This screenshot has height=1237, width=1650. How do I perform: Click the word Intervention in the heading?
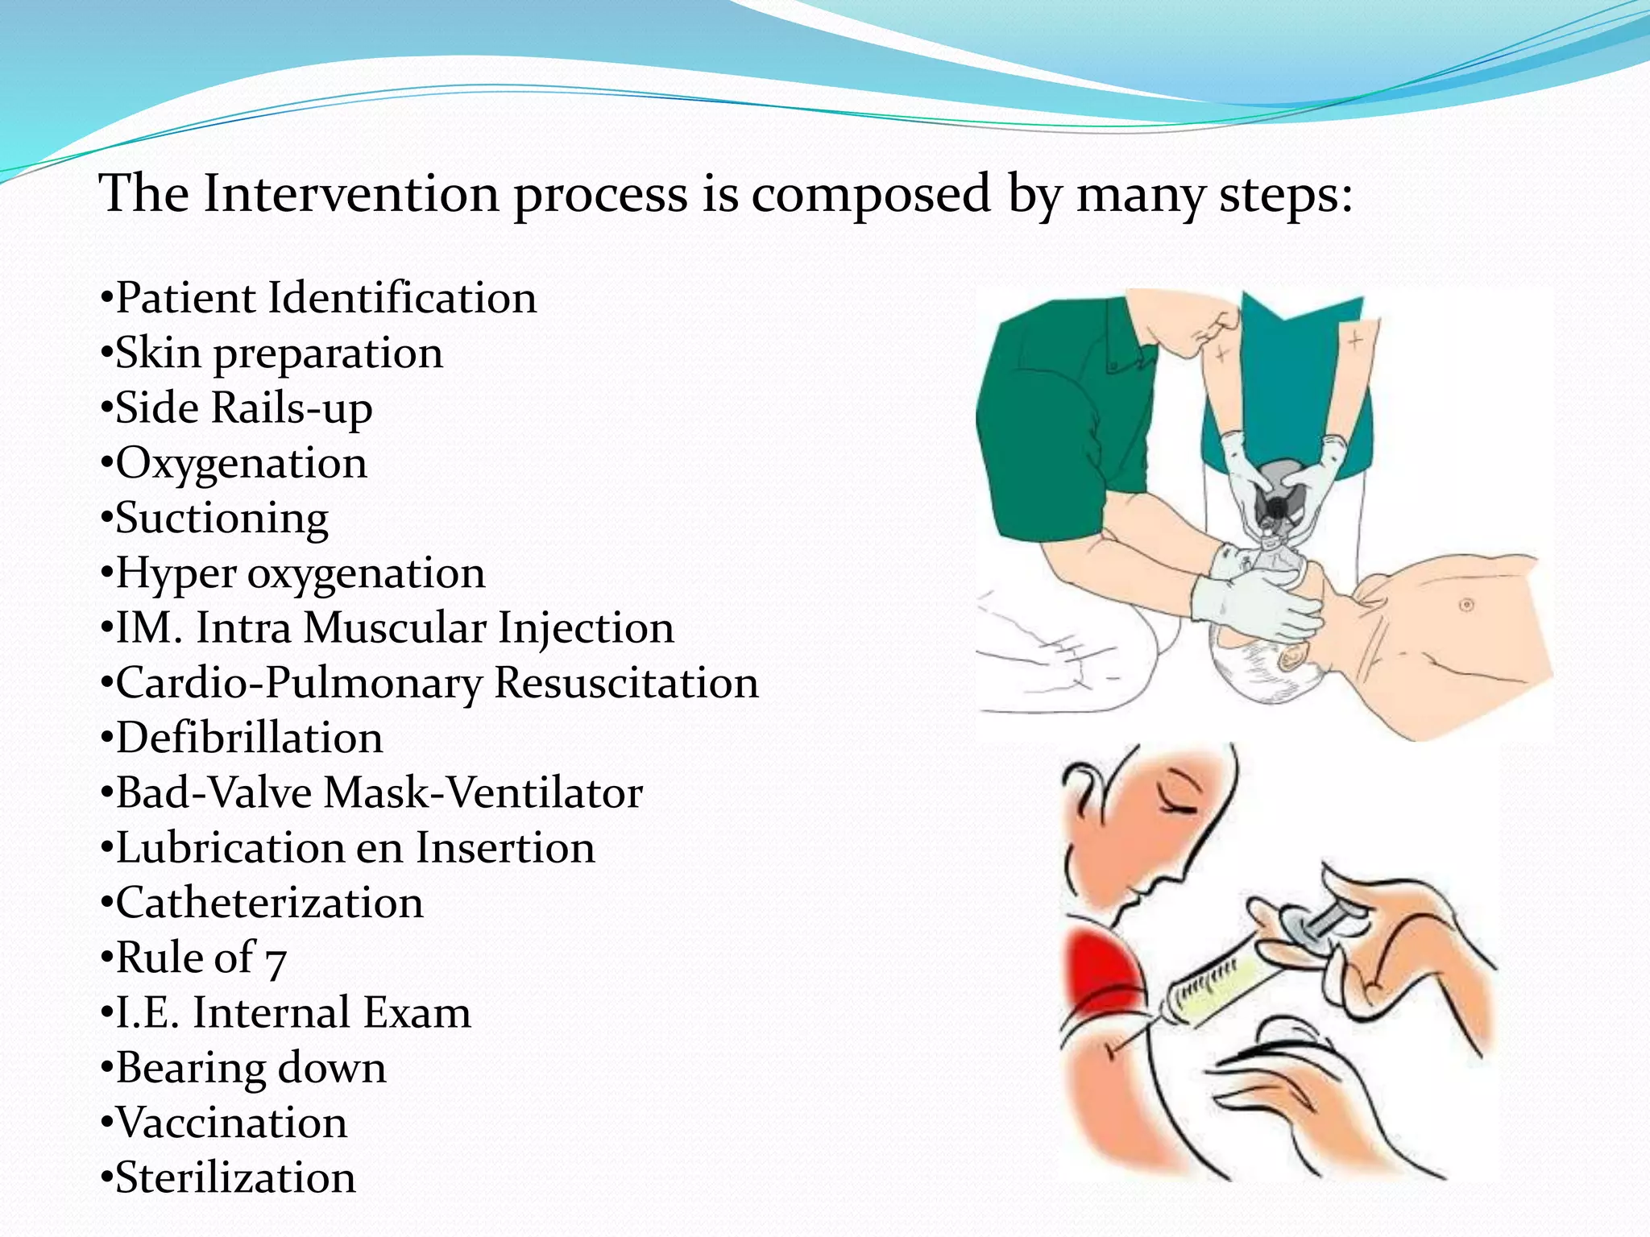pyautogui.click(x=350, y=194)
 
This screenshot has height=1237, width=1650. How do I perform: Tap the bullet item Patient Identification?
pyautogui.click(x=325, y=298)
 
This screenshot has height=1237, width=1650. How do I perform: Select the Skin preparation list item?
pyautogui.click(x=279, y=354)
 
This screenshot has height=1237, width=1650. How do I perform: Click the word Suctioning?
pyautogui.click(x=222, y=518)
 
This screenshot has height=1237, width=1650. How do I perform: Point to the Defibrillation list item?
pyautogui.click(x=249, y=738)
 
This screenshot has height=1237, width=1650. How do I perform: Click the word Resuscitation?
pyautogui.click(x=626, y=683)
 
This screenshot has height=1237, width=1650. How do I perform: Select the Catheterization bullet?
pyautogui.click(x=269, y=903)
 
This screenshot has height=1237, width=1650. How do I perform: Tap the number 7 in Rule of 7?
pyautogui.click(x=276, y=961)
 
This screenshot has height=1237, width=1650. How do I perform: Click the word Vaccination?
pyautogui.click(x=232, y=1123)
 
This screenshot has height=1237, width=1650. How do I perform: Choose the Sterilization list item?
pyautogui.click(x=235, y=1177)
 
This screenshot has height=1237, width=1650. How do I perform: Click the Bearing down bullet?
pyautogui.click(x=251, y=1068)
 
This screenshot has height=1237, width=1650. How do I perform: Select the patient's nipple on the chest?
pyautogui.click(x=1466, y=604)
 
